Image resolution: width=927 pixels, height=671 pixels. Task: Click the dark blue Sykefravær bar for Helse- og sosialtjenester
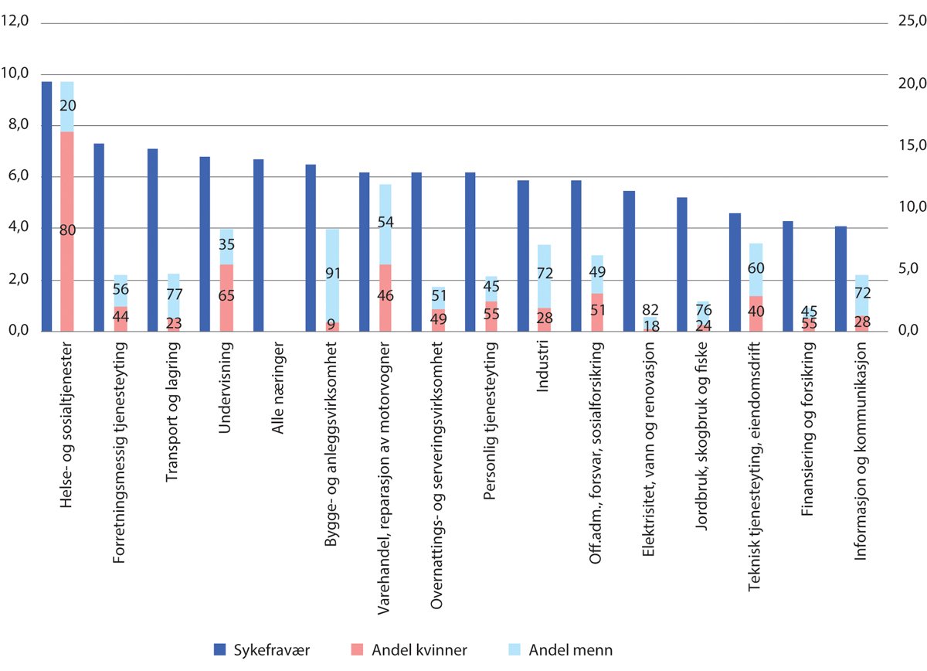point(46,206)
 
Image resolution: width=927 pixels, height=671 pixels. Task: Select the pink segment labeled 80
point(67,231)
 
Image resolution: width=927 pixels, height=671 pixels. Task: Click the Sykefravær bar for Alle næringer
point(259,245)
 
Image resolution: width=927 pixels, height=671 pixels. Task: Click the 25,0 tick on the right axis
point(907,22)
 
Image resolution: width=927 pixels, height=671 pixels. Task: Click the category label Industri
point(543,373)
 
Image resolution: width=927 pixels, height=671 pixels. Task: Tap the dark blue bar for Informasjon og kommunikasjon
point(841,279)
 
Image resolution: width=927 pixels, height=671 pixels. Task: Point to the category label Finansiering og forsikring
point(809,418)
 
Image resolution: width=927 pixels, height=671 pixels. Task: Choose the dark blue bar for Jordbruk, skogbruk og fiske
point(682,264)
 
